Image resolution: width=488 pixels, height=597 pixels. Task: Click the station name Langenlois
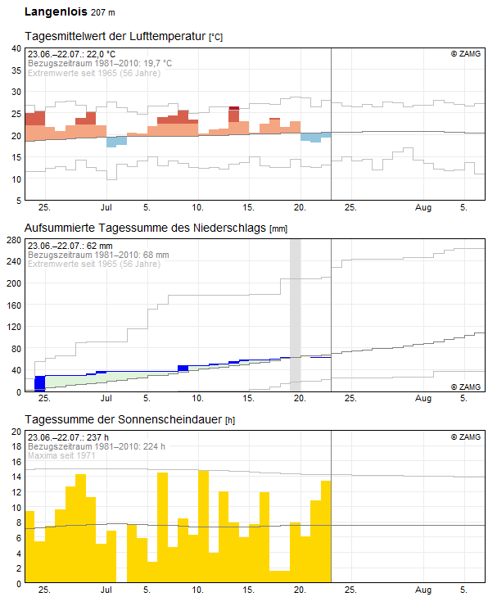(x=55, y=12)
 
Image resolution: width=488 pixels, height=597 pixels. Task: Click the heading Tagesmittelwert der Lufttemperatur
(x=115, y=37)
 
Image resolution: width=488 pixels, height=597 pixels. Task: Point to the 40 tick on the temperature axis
(x=16, y=48)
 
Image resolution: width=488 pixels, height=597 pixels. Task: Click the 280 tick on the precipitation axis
(x=13, y=240)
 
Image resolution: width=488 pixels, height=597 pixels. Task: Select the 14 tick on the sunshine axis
(x=16, y=477)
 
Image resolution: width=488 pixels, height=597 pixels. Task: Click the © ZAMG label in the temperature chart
(x=466, y=54)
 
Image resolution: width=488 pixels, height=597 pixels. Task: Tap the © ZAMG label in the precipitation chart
(x=466, y=386)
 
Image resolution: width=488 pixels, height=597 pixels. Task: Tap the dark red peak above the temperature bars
(x=234, y=107)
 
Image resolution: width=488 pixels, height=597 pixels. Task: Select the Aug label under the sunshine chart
(x=423, y=590)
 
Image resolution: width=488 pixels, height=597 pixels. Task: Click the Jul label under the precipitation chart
(x=106, y=398)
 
